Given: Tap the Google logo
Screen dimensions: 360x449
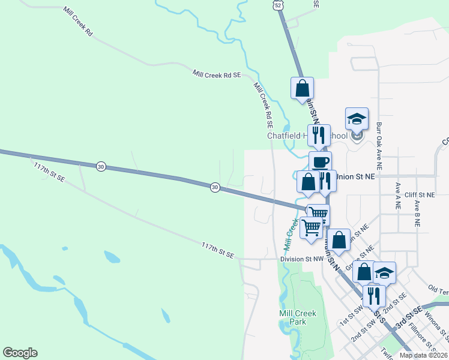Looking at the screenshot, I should [20, 353].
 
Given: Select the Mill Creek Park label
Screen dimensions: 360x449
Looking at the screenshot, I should [293, 317].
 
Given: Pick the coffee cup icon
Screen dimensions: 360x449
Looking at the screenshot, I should [320, 162].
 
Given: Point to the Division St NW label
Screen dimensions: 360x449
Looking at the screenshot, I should [302, 259].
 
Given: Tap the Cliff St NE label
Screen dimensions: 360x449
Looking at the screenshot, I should [419, 195].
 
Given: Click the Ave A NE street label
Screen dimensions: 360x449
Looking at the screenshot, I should [397, 196].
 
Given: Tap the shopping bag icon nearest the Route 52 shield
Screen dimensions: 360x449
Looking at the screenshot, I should [302, 88].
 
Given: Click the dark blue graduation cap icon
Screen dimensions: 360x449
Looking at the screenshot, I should [384, 273].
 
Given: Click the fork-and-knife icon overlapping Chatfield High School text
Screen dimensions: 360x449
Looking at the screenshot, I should [318, 135].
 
